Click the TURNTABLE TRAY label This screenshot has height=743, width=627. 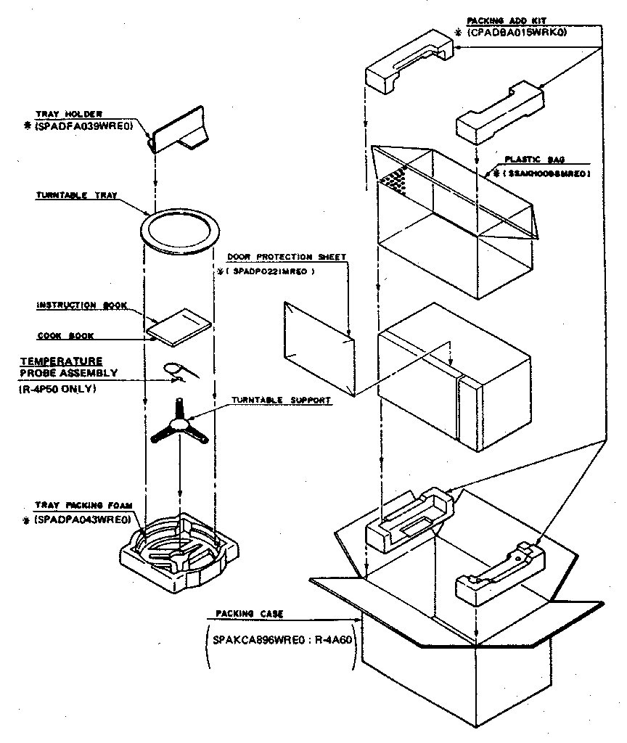pyautogui.click(x=76, y=196)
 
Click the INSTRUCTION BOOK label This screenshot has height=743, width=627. pyautogui.click(x=81, y=305)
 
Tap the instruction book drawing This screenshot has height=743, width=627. pyautogui.click(x=179, y=327)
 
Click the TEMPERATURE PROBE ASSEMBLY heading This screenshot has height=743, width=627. pyautogui.click(x=61, y=367)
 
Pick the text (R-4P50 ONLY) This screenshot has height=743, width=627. pyautogui.click(x=57, y=389)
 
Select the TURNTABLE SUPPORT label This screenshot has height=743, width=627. pyautogui.click(x=282, y=400)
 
